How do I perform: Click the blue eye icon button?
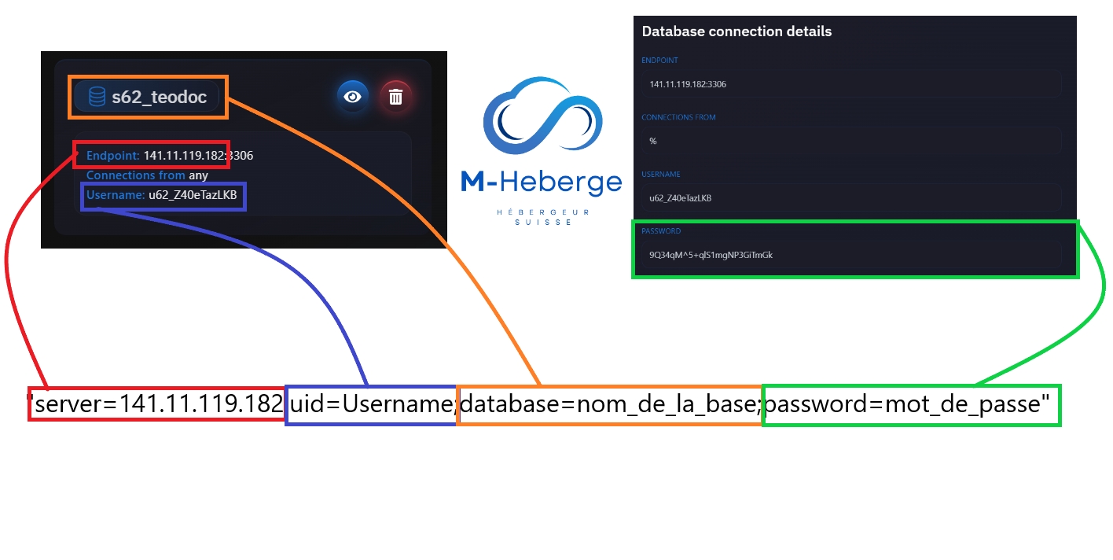click(353, 97)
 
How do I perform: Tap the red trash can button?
click(396, 97)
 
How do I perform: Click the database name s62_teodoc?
click(159, 97)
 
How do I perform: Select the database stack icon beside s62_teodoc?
click(97, 97)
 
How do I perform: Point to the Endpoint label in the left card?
click(113, 156)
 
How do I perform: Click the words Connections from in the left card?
click(136, 175)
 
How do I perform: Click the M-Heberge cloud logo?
click(541, 118)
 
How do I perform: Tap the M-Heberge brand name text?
click(541, 182)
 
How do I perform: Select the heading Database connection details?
click(736, 32)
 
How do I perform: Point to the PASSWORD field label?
click(661, 231)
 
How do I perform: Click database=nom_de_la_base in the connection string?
click(610, 405)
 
